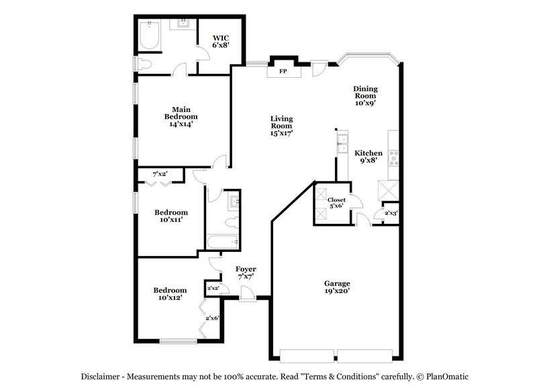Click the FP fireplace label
283,70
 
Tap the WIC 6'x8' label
221,42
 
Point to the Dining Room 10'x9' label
365,96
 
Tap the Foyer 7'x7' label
246,273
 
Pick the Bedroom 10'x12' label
169,294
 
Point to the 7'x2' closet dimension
160,174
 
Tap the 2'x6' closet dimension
213,318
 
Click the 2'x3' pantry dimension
391,213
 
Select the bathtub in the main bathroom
149,36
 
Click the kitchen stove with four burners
394,157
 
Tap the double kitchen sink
342,141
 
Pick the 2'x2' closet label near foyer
213,288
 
